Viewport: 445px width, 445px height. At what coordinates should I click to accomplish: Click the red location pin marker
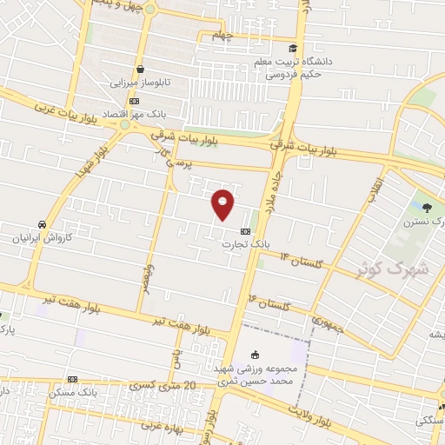[x=223, y=203]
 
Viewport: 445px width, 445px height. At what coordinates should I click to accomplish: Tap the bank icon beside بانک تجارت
[x=245, y=231]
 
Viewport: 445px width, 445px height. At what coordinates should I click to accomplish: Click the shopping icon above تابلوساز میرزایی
[x=139, y=70]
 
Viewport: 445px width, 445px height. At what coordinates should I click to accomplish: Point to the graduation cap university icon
[x=292, y=49]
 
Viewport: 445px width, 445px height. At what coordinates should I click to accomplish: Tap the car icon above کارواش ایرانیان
[x=41, y=222]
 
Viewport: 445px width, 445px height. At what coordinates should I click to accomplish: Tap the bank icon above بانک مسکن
[x=72, y=379]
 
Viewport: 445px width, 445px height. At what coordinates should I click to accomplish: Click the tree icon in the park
[x=427, y=206]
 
